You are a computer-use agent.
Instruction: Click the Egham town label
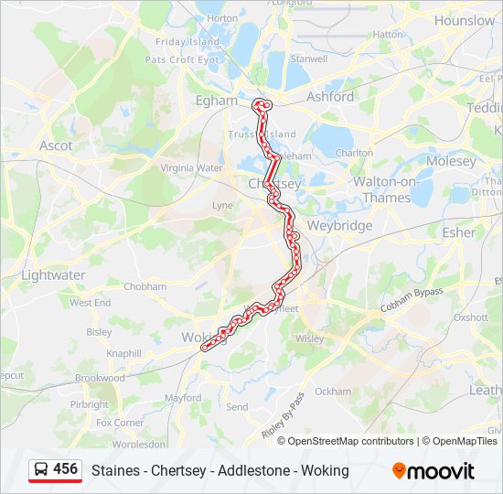click(x=216, y=101)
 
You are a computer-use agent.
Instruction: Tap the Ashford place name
click(x=331, y=96)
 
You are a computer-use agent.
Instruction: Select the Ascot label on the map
click(x=56, y=145)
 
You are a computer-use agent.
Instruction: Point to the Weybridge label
click(x=339, y=225)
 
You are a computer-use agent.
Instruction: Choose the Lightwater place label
click(x=53, y=274)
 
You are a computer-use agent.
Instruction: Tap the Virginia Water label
click(x=191, y=168)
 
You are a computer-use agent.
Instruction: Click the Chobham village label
click(x=145, y=286)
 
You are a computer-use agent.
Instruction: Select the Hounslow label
click(x=465, y=20)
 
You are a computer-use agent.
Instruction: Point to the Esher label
click(x=459, y=232)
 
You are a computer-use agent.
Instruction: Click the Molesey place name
click(x=451, y=162)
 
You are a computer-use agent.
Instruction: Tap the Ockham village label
click(x=333, y=392)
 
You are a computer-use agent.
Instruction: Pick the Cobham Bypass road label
click(x=412, y=299)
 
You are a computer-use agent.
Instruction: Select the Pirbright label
click(x=89, y=404)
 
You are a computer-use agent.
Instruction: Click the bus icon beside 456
click(x=41, y=470)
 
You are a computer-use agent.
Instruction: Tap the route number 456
click(x=66, y=469)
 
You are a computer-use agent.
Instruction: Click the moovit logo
click(x=433, y=471)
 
